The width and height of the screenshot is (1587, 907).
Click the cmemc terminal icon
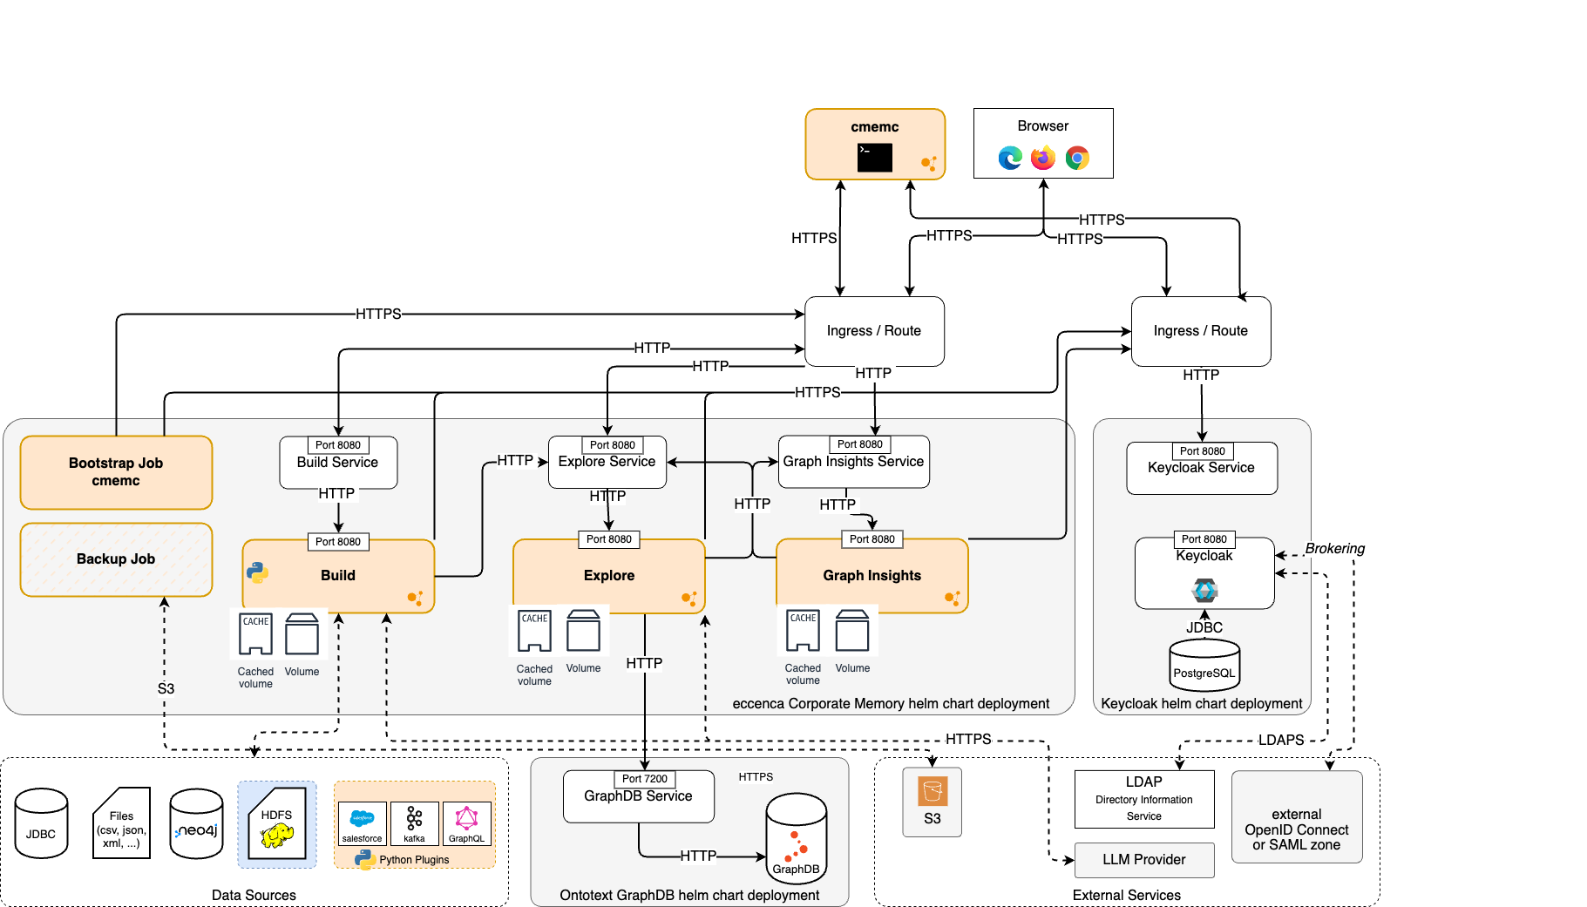click(x=874, y=158)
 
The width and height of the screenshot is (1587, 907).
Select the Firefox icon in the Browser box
click(x=1042, y=158)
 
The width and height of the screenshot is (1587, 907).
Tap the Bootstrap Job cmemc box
click(x=116, y=472)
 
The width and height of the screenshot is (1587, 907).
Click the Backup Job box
click(x=116, y=559)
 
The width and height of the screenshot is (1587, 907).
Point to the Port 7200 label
click(x=644, y=779)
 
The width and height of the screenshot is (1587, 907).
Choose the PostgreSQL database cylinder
click(x=1204, y=666)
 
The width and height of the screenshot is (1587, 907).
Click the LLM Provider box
click(x=1143, y=860)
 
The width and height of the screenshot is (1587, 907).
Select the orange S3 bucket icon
click(x=932, y=792)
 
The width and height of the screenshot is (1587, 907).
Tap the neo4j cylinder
click(x=196, y=824)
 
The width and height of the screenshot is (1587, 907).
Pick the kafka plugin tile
click(x=414, y=823)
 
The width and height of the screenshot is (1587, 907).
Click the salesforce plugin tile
click(x=362, y=823)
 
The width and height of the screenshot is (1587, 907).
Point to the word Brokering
click(x=1334, y=548)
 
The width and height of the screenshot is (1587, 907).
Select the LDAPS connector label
click(x=1280, y=740)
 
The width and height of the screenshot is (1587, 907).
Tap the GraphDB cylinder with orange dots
click(x=796, y=838)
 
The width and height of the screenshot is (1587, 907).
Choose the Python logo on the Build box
click(x=257, y=572)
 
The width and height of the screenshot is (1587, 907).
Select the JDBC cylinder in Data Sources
click(x=41, y=824)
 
